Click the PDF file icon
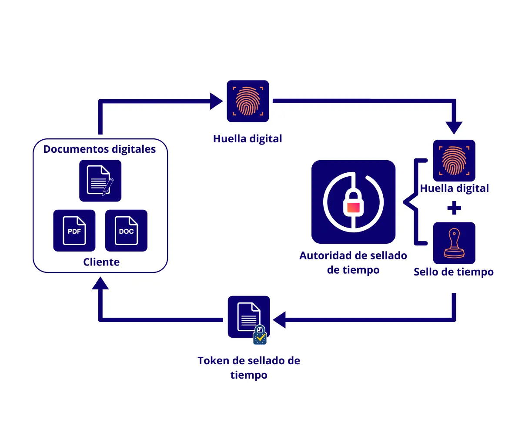[74, 231]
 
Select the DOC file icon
[126, 231]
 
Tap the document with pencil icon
[100, 181]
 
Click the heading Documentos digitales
[100, 149]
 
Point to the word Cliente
[101, 262]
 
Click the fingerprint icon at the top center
[248, 101]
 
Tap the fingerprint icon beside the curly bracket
[454, 161]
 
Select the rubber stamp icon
[454, 243]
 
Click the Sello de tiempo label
[454, 272]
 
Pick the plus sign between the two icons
[454, 208]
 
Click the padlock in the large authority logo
[353, 203]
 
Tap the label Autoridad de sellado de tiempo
[353, 262]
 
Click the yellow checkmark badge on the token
[260, 336]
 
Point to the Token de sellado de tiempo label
[249, 367]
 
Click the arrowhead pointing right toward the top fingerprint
[216, 101]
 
